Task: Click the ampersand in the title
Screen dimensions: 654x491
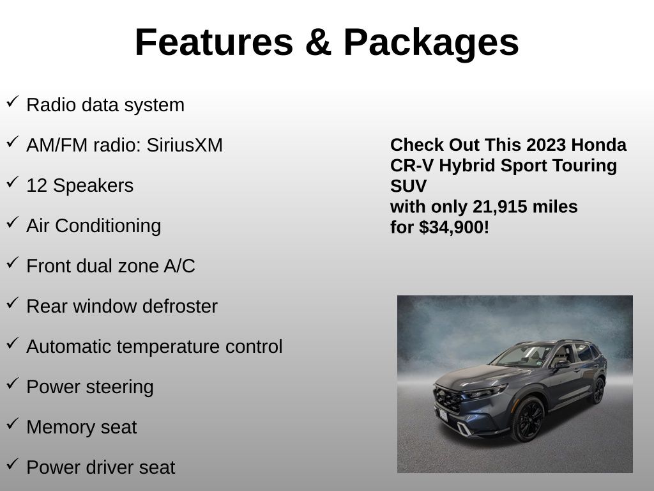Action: coord(318,42)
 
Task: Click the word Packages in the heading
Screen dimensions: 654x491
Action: coord(431,43)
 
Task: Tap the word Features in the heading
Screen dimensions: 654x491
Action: coord(214,42)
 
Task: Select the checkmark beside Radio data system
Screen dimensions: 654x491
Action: coord(13,102)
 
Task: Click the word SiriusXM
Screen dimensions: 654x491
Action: coord(185,145)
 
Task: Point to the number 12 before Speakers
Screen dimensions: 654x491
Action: coord(36,185)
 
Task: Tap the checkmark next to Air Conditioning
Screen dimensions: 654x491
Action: coord(13,222)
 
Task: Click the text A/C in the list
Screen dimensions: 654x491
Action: coord(179,266)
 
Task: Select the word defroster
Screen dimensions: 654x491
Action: coord(180,306)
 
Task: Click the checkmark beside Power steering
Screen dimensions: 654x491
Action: coord(13,384)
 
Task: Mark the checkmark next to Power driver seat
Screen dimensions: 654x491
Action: coord(13,464)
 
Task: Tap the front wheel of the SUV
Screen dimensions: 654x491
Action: coord(528,419)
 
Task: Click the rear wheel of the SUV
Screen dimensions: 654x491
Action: coord(598,391)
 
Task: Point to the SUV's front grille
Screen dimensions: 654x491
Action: coord(448,399)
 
